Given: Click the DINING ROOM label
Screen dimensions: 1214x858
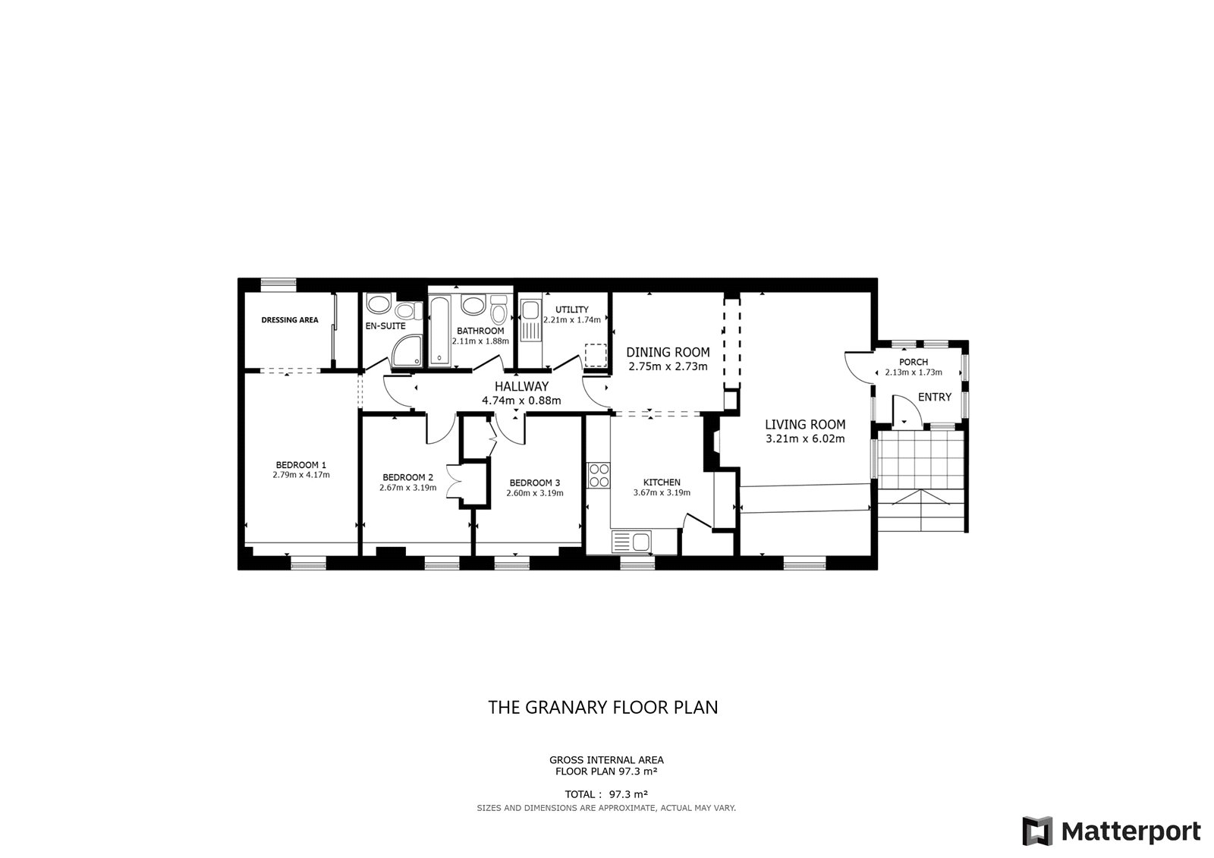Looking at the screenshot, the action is [668, 352].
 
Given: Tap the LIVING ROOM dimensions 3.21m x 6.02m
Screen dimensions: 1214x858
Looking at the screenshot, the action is [805, 439].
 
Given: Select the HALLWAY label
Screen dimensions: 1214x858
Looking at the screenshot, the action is [521, 386].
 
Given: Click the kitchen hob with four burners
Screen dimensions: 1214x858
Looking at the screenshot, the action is [599, 476].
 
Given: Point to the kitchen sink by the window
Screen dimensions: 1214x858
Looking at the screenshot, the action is [632, 542].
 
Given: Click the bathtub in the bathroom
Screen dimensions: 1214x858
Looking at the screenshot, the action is [440, 330].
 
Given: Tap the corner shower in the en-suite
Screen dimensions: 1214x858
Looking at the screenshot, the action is [407, 350].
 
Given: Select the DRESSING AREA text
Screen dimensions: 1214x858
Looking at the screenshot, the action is [290, 320].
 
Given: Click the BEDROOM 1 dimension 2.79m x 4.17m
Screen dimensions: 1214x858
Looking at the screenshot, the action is [300, 475].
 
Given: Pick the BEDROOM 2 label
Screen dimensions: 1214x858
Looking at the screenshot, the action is [407, 477].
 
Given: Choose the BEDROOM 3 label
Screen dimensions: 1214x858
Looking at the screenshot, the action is [534, 483].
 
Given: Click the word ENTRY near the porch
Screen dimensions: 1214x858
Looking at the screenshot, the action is [935, 398].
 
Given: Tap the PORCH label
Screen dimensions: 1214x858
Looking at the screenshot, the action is [914, 362].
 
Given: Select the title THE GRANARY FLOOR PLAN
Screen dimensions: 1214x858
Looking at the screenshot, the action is [603, 707].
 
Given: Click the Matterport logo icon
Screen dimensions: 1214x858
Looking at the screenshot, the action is [1037, 831].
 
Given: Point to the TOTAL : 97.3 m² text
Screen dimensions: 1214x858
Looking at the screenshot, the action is [606, 794].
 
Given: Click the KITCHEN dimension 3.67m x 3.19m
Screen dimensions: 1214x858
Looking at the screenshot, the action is [662, 492].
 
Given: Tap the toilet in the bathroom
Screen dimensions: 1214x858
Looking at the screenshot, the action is [498, 311].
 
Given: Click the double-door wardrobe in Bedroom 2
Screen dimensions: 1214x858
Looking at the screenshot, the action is [453, 481].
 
